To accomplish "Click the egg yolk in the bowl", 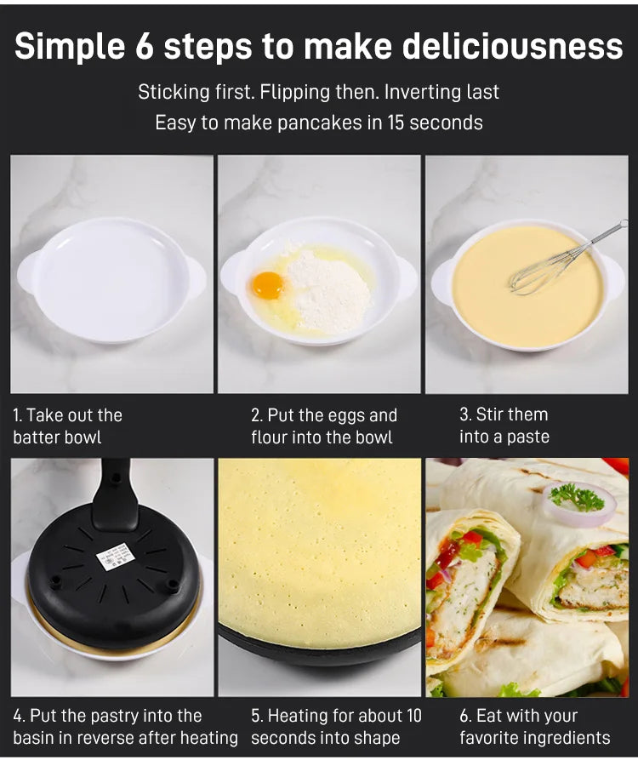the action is pos(267,285).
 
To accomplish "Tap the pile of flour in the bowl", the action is pos(329,290).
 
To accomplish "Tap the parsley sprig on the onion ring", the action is pos(577,497).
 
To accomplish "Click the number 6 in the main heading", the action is pos(144,47).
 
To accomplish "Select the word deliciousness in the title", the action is pos(513,47).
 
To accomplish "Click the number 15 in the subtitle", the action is pos(395,123).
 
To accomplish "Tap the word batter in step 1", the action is pos(36,437).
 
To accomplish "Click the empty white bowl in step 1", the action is pos(111,280).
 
